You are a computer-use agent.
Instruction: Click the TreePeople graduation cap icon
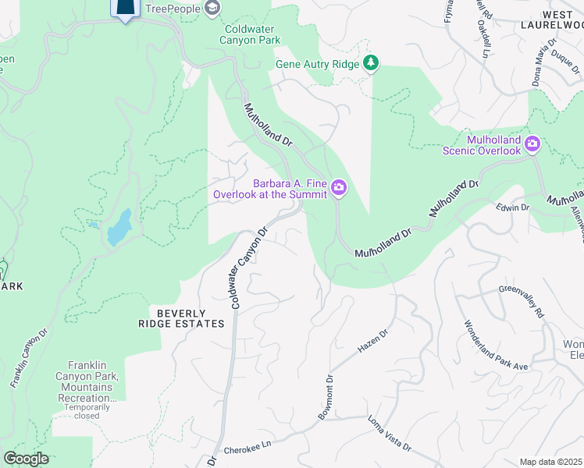pos(212,8)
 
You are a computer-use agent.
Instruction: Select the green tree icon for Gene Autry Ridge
pos(372,63)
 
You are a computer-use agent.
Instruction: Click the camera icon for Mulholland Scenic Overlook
pos(533,143)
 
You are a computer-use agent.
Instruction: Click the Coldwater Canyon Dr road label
pos(249,268)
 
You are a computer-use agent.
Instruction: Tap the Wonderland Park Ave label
pos(497,346)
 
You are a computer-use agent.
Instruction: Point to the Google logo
pos(26,459)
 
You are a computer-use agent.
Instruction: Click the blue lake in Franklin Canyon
pos(120,227)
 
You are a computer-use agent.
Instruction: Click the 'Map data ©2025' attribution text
pos(550,462)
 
